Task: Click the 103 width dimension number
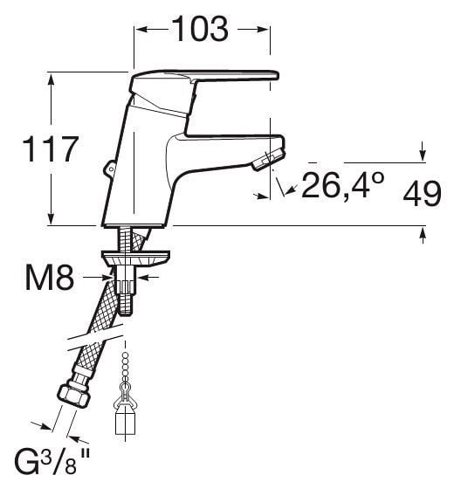tap(200, 29)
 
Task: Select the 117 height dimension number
tap(50, 148)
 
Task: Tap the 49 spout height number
tap(423, 194)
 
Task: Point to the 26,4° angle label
tap(343, 185)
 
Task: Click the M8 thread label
tap(50, 278)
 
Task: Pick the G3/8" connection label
tap(52, 463)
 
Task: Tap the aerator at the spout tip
tap(268, 160)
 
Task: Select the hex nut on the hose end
tap(74, 395)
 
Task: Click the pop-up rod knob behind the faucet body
tap(109, 168)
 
